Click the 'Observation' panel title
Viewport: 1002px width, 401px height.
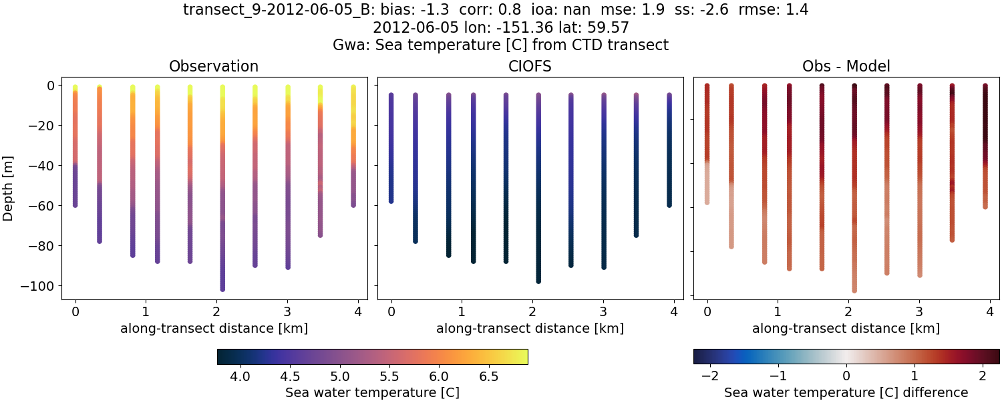[214, 66]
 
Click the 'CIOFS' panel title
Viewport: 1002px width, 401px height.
[530, 66]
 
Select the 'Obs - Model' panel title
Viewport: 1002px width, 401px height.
[846, 66]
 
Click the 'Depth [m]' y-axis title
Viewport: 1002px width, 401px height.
[9, 186]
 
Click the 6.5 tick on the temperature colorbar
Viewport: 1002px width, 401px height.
[488, 377]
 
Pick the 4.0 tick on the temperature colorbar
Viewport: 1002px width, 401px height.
[240, 377]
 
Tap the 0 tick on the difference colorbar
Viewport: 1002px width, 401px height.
[846, 377]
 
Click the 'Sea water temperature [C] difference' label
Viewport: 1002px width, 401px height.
[846, 392]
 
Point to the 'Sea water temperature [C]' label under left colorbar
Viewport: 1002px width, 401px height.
[372, 392]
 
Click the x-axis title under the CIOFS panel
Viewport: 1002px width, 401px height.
[530, 328]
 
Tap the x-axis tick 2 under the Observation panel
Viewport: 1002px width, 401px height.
[216, 311]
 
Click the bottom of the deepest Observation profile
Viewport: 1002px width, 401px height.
[222, 289]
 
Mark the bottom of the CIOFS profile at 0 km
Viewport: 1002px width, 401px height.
[391, 200]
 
